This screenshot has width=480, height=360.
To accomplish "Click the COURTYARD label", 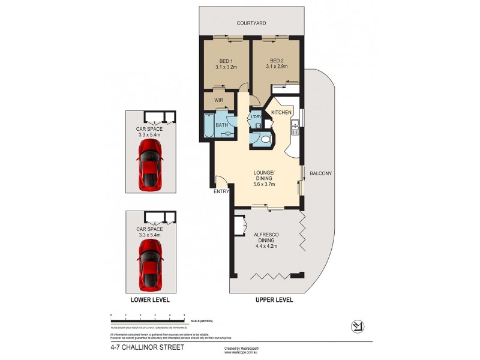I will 251,23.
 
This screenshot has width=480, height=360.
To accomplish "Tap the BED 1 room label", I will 226,61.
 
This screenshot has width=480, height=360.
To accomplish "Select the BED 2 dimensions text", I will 277,67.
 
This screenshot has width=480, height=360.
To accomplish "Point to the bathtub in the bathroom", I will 208,125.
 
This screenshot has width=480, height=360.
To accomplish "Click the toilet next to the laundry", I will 265,139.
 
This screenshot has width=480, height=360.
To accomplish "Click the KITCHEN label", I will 281,113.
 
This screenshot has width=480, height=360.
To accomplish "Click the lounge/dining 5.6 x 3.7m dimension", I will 265,184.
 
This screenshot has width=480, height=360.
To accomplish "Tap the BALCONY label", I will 321,174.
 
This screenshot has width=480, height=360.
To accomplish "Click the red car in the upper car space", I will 149,169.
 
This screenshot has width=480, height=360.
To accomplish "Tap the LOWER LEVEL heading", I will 150,299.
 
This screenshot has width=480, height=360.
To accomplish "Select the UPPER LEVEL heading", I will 274,299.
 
